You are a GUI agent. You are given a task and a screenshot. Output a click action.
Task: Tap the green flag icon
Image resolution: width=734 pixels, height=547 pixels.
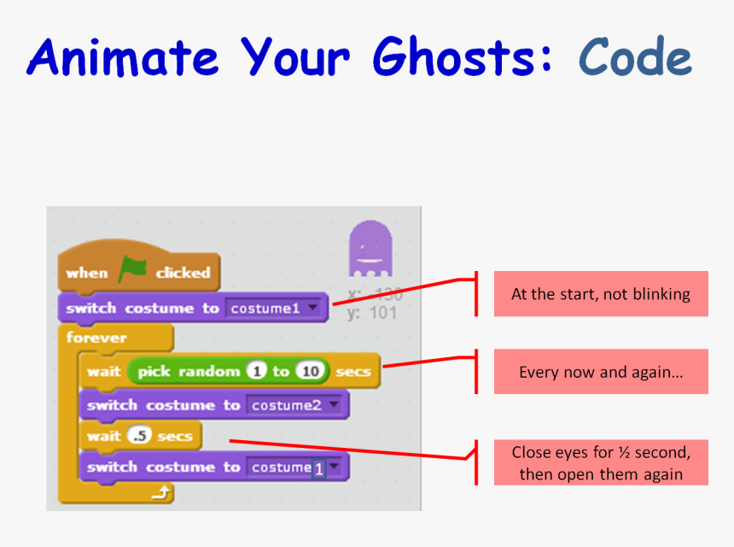[132, 271]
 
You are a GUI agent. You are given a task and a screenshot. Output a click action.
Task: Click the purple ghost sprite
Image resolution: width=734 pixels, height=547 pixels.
[370, 248]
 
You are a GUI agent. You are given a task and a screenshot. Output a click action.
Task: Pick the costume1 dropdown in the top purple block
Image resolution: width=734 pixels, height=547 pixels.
[276, 308]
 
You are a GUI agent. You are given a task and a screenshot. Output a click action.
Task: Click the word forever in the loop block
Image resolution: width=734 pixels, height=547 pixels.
[96, 338]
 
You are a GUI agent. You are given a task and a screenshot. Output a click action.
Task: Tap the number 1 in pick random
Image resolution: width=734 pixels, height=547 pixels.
[255, 372]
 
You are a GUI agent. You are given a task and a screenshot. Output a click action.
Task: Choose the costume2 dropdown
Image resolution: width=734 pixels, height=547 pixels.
[296, 405]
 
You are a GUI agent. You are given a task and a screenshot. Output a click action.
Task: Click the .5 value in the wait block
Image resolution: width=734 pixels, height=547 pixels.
[138, 437]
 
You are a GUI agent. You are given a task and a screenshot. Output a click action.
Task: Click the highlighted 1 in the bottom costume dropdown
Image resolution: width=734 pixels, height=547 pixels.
[318, 468]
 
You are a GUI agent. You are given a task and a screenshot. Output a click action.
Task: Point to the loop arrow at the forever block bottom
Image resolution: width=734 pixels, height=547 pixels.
[160, 491]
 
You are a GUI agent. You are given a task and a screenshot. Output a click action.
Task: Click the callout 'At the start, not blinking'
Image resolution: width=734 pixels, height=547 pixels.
[601, 294]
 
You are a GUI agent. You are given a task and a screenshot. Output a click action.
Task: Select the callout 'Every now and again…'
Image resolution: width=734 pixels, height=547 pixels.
[601, 372]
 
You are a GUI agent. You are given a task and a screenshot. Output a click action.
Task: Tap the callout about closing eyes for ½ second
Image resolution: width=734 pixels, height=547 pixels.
[601, 462]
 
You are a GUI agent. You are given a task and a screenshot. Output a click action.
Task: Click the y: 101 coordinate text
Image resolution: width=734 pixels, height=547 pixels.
[371, 313]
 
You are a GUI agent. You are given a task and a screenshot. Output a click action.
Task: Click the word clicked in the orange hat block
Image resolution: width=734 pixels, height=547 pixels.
[183, 273]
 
